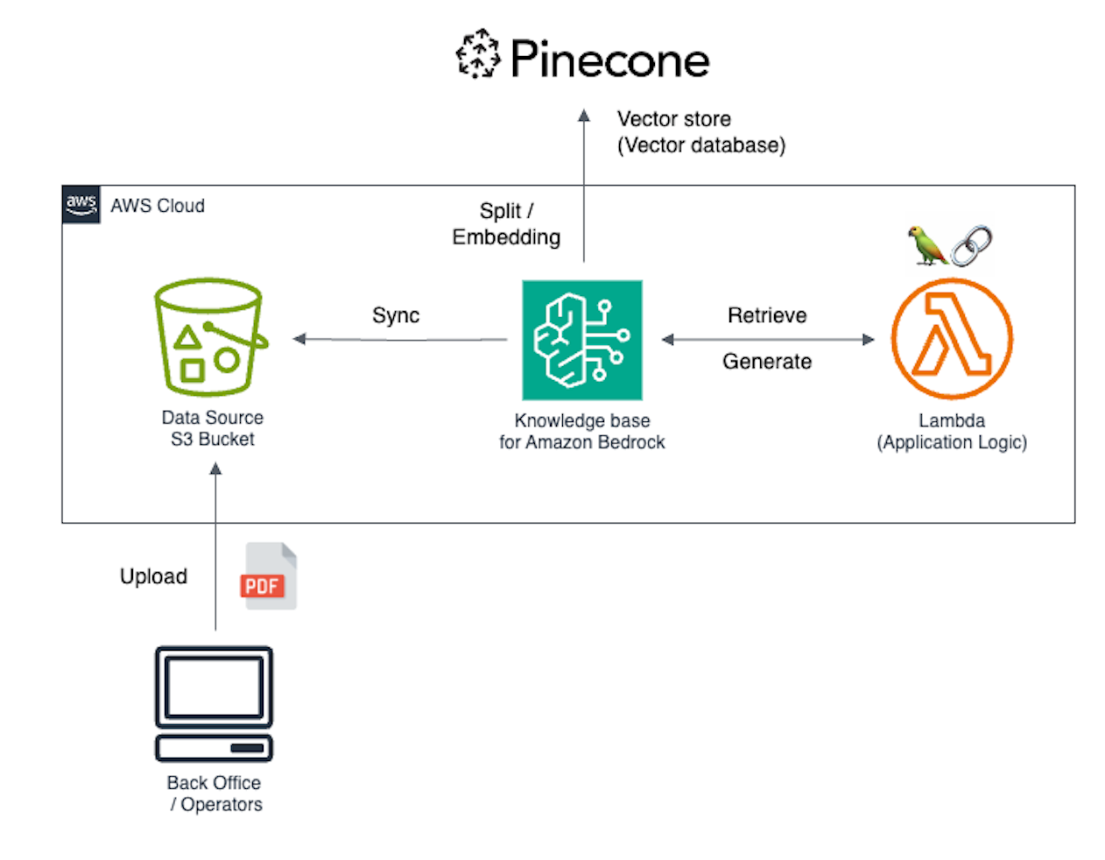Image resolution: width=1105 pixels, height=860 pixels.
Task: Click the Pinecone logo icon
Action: (x=478, y=54)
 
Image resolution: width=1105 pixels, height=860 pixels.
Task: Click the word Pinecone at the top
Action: (x=609, y=60)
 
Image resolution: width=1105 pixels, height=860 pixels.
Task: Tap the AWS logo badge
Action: (x=81, y=205)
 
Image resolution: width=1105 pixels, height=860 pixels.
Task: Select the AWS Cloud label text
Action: (x=158, y=206)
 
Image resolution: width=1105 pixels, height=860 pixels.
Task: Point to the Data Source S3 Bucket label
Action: (x=213, y=428)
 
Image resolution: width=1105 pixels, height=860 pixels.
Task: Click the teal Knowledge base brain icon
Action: (x=582, y=340)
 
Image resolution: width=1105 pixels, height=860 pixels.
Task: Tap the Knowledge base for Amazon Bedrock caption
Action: (x=582, y=432)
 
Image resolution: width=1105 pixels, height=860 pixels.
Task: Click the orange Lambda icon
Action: (x=952, y=339)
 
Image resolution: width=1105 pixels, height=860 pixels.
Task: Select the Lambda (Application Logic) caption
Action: (x=952, y=432)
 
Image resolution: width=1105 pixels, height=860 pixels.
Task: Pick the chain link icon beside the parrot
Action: (x=972, y=245)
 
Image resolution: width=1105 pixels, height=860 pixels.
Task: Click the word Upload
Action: (x=153, y=576)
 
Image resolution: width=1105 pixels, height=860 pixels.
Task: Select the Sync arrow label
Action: (x=396, y=315)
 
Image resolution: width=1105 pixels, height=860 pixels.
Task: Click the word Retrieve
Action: (x=767, y=315)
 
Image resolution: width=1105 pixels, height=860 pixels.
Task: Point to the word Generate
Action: (x=767, y=362)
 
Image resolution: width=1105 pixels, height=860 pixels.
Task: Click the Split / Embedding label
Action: (x=506, y=224)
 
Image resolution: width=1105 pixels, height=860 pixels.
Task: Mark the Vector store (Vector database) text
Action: (x=700, y=132)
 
